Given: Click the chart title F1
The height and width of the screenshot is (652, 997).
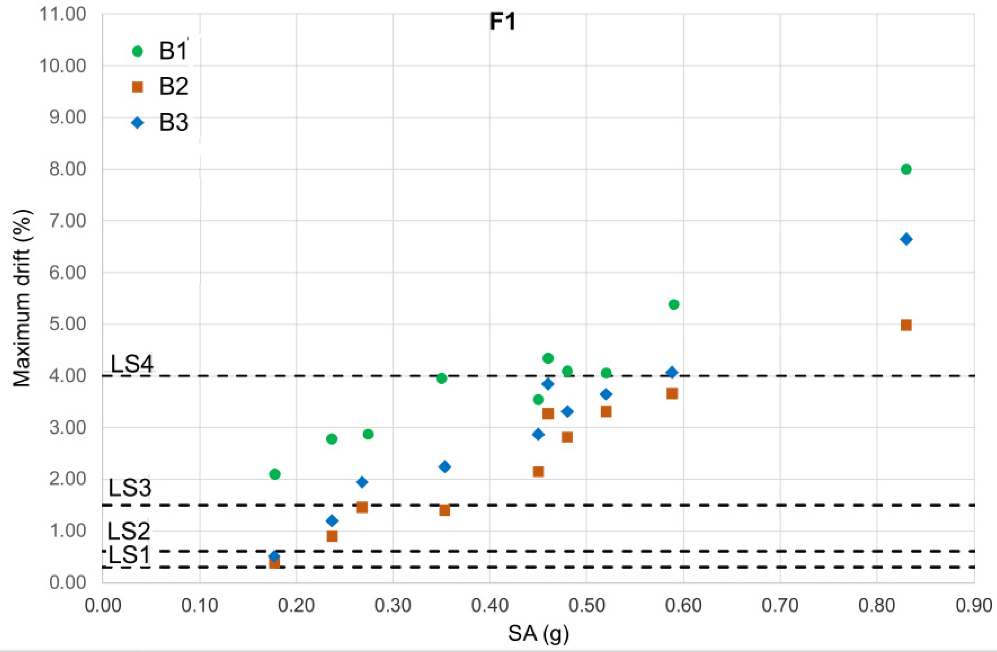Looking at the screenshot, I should click(502, 22).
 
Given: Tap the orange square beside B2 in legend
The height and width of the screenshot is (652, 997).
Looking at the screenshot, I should click(137, 87).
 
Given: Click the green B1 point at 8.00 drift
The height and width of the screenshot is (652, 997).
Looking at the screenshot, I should click(906, 169).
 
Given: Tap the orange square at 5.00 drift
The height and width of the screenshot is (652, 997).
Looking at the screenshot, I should click(906, 325).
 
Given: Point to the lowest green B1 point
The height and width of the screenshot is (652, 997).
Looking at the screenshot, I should click(275, 474).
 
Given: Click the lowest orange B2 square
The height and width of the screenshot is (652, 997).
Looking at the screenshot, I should click(275, 563).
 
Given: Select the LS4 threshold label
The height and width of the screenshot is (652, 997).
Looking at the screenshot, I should click(131, 364).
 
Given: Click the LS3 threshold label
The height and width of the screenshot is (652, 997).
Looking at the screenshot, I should click(130, 488).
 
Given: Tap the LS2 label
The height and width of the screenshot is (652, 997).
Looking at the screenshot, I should click(128, 531).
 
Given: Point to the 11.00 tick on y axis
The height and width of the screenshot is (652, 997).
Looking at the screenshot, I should click(63, 14).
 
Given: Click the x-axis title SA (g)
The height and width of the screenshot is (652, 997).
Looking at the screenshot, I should click(538, 633).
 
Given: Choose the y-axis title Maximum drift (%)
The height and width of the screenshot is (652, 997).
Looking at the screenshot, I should click(22, 298).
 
